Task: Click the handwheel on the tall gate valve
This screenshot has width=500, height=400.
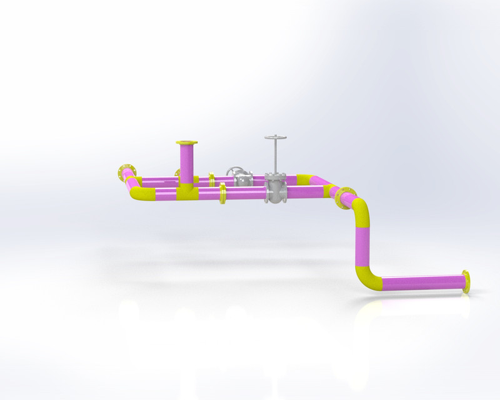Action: pos(273,137)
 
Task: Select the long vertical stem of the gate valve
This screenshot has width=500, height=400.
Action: pos(273,156)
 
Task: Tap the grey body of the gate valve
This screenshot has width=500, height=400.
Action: pos(274,189)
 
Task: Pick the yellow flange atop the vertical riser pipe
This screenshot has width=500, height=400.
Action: pos(186,143)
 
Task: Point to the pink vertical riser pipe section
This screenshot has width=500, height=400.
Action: pos(186,164)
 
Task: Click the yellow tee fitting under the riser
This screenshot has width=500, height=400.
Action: pos(186,191)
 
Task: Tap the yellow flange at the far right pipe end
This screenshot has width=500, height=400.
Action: pos(466,282)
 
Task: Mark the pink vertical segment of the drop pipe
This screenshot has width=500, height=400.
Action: pos(362,244)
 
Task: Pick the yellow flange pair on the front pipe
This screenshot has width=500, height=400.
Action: pos(222,193)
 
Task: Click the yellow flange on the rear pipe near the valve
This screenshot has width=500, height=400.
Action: pos(212,181)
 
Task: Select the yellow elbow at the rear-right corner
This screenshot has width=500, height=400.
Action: pos(306,180)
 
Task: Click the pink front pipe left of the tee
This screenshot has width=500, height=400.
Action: pos(159,194)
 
